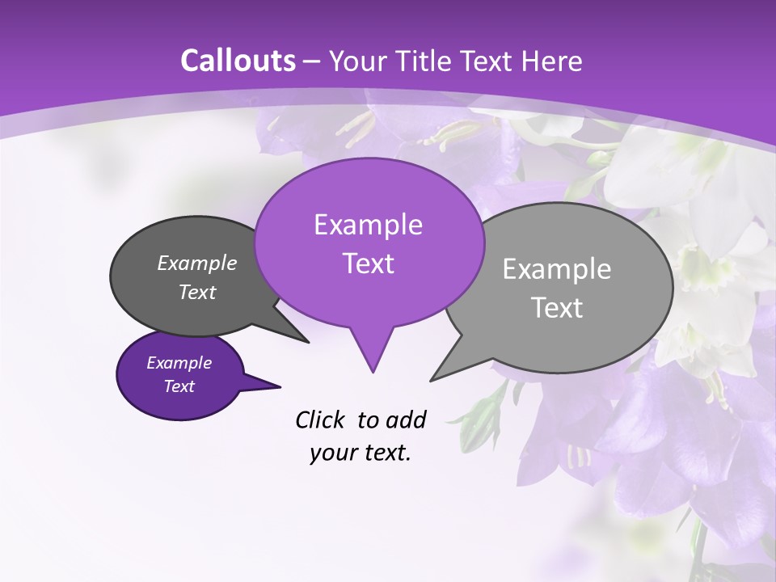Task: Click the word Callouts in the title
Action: point(238,61)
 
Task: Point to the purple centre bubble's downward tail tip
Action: point(373,371)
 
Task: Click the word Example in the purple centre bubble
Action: point(368,225)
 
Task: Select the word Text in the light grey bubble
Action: point(557,308)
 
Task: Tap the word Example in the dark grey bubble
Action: point(196,263)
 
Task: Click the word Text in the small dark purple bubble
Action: point(179,386)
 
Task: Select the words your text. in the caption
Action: point(361,453)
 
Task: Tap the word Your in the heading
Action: point(357,61)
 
